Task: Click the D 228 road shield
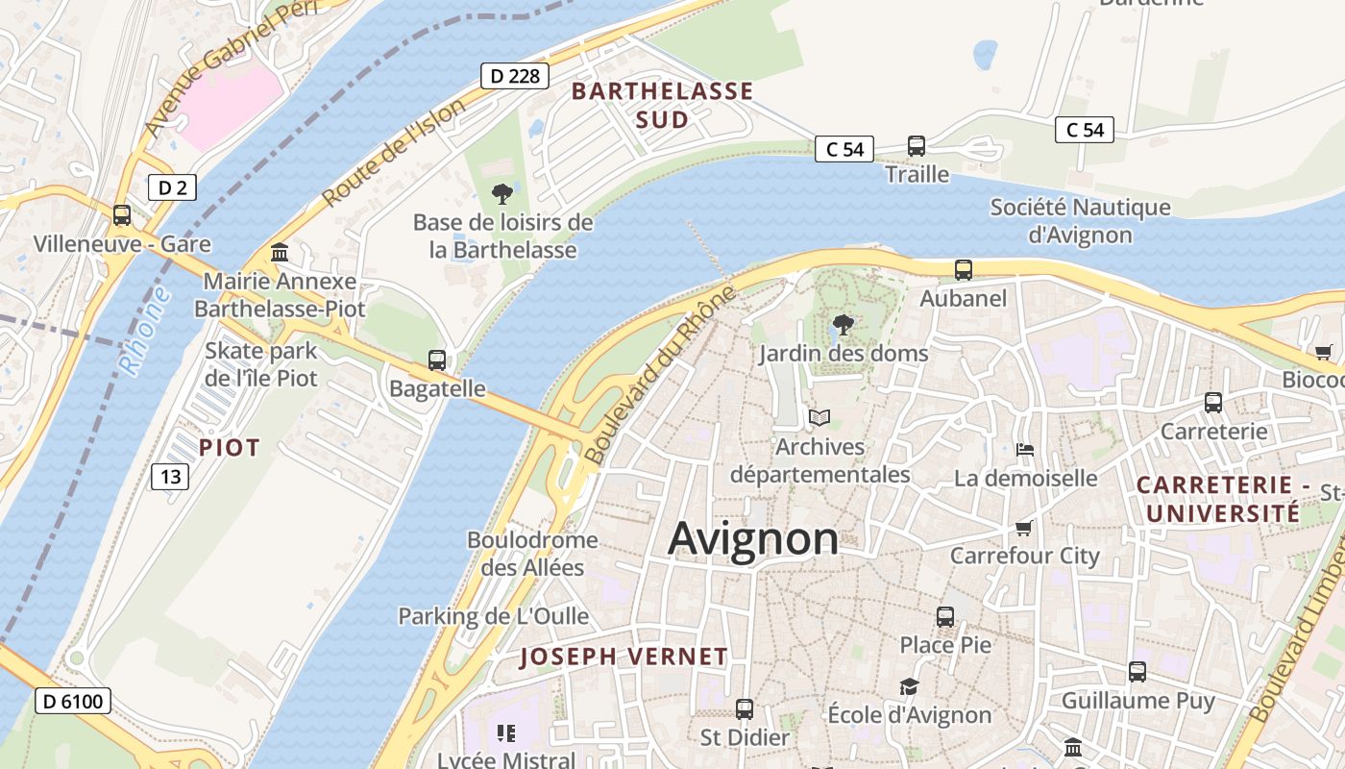coord(515,76)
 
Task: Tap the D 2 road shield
coord(172,187)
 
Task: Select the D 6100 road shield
coord(73,701)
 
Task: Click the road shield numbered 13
coord(170,476)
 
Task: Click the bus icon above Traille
coord(917,146)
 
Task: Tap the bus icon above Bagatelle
coord(437,360)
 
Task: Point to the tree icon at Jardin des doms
coord(844,325)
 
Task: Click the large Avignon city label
coord(753,538)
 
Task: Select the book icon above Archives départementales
coord(819,418)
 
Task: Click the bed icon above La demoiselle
coord(1025,450)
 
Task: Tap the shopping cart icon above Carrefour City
coord(1024,528)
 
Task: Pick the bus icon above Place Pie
coord(945,616)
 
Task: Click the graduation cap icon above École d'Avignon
coord(909,686)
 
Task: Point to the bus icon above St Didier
coord(745,709)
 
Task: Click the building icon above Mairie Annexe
coord(280,253)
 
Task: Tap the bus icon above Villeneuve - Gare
coord(122,215)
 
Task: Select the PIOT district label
coord(230,448)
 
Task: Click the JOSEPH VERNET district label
coord(624,657)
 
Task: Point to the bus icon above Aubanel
coord(964,270)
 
